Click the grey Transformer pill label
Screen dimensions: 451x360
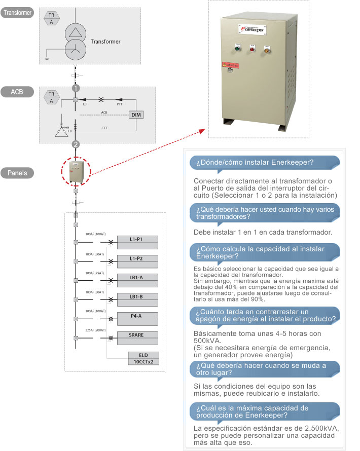(x=18, y=12)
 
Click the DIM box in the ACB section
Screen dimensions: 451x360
(x=136, y=115)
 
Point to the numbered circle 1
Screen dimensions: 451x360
(x=76, y=88)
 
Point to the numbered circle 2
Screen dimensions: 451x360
(x=76, y=144)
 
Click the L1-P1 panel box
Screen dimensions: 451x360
(x=137, y=239)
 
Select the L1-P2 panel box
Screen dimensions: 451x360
(x=137, y=258)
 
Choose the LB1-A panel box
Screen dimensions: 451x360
(x=137, y=277)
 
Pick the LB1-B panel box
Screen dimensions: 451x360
(x=137, y=296)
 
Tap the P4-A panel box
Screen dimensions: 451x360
(x=137, y=316)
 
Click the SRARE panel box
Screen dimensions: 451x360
(x=137, y=335)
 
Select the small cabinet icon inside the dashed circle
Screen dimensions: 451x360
(x=76, y=172)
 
